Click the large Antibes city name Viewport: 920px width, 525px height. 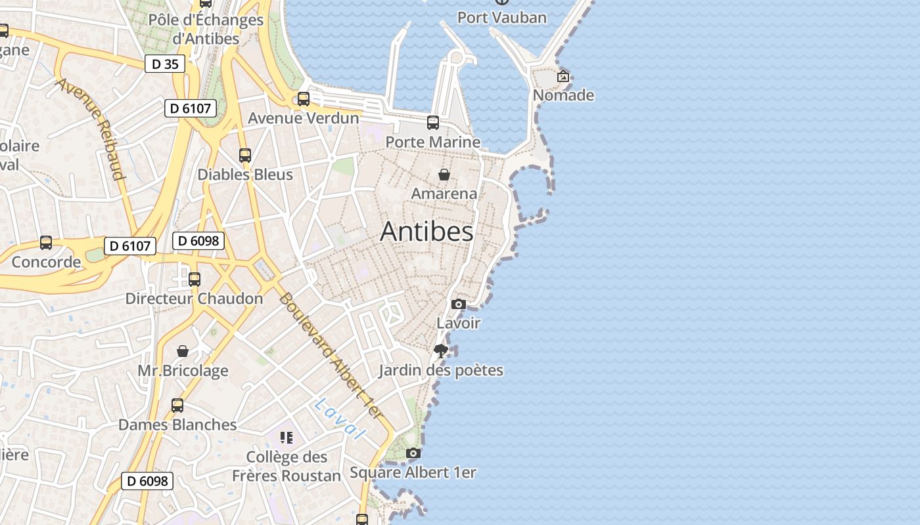tap(426, 232)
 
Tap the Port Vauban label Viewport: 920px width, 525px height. tap(501, 17)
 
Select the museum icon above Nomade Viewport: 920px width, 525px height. tap(563, 76)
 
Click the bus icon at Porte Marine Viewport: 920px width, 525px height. tap(433, 123)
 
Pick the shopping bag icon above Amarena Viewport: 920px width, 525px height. tap(444, 175)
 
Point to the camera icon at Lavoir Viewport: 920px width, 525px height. tap(459, 304)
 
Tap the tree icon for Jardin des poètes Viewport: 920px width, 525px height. tap(441, 351)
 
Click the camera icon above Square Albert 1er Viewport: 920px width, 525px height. tap(413, 453)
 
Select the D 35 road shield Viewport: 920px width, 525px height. tap(165, 64)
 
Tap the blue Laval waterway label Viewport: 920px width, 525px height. tap(340, 419)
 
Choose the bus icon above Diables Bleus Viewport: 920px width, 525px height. tap(245, 156)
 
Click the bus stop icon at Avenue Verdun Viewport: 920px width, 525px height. tap(304, 99)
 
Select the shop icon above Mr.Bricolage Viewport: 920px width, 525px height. tap(183, 352)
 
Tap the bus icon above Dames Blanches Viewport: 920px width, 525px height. tap(177, 406)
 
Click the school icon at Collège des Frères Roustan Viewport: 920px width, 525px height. tap(286, 437)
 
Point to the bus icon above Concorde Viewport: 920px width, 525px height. tap(46, 243)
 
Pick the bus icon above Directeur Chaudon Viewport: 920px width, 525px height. tap(195, 280)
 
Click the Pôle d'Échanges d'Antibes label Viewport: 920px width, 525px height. tap(206, 30)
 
